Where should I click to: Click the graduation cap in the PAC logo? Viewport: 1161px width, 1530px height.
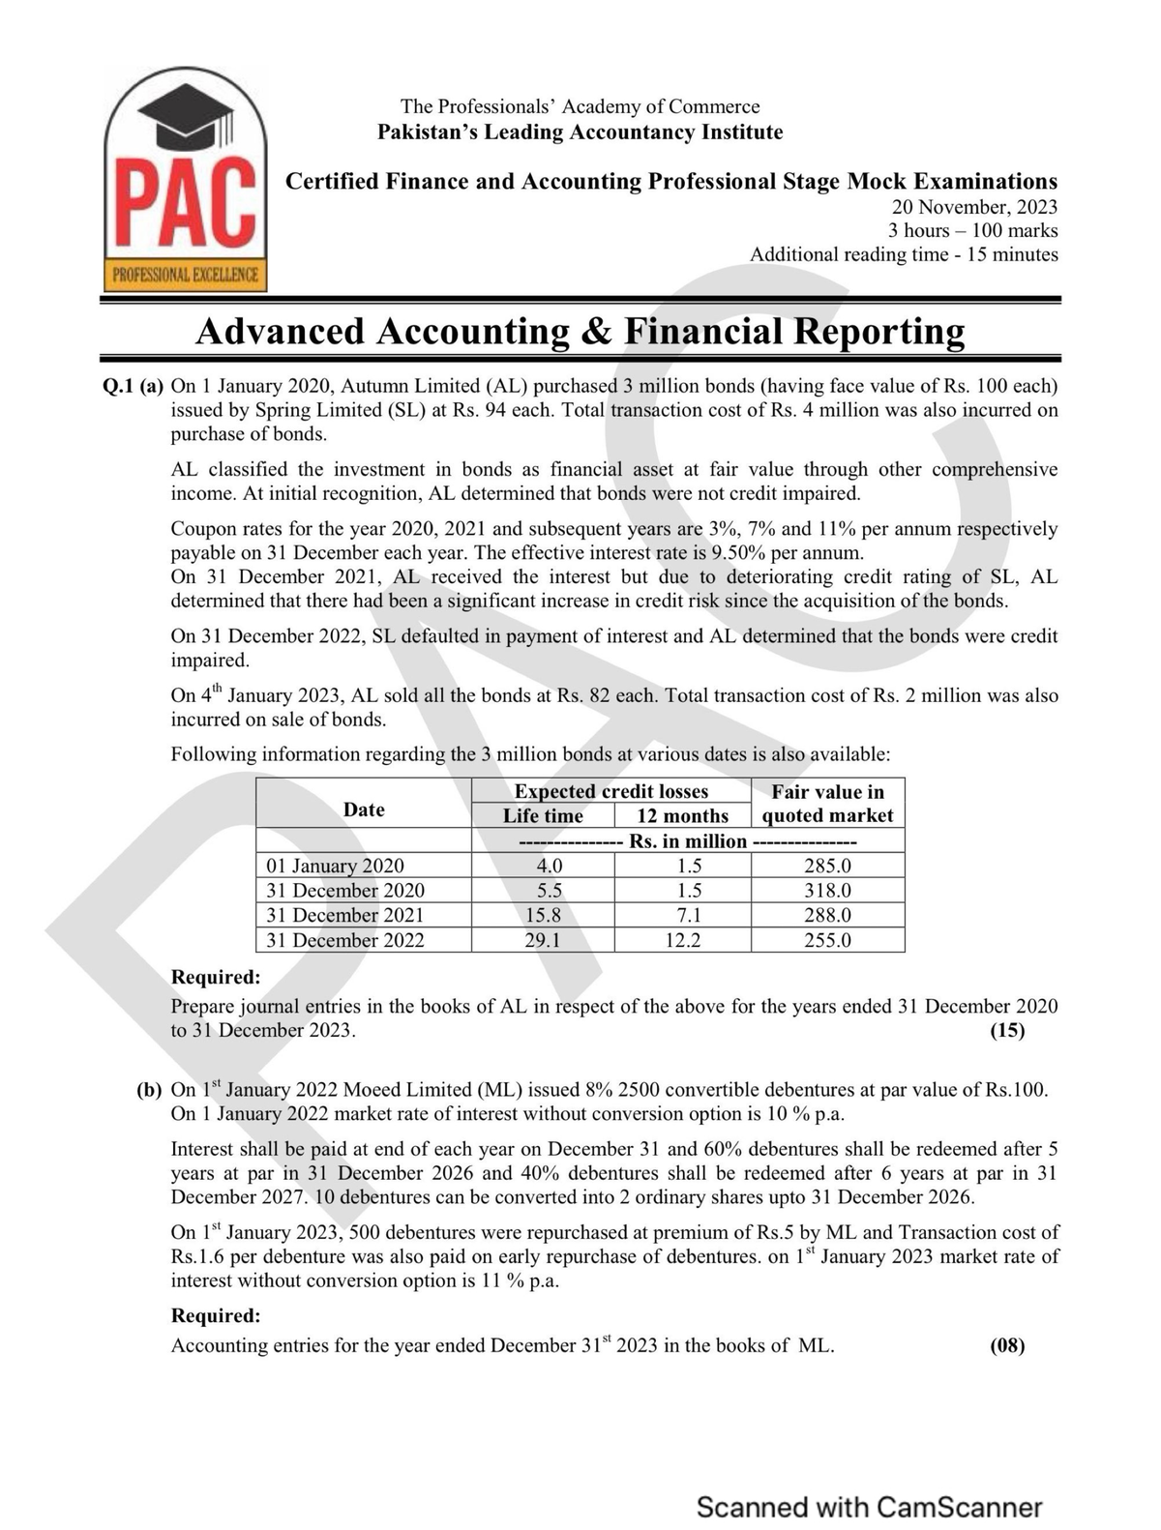coord(187,114)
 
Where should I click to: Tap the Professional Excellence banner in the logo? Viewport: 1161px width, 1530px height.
coord(186,275)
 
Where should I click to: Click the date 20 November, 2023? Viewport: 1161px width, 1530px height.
coord(974,207)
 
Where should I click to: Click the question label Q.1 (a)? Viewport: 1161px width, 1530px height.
coord(133,386)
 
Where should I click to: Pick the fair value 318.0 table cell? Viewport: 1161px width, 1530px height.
coord(827,891)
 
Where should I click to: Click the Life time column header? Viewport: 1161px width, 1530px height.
coord(543,816)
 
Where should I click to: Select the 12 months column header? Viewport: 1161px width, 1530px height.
coord(682,816)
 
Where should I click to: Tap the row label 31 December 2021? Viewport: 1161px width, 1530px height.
coord(344,915)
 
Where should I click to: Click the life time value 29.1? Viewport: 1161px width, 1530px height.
coord(543,940)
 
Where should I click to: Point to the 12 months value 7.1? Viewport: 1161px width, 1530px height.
coord(682,915)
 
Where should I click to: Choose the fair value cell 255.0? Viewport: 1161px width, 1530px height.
coord(827,940)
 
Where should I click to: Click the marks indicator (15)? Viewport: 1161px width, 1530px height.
coord(1007,1030)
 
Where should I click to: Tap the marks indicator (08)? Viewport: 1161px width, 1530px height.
coord(1007,1345)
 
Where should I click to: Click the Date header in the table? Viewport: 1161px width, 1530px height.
coord(364,809)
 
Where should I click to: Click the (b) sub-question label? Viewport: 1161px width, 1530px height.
coord(149,1090)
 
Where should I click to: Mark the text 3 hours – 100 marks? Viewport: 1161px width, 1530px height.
coord(972,231)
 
